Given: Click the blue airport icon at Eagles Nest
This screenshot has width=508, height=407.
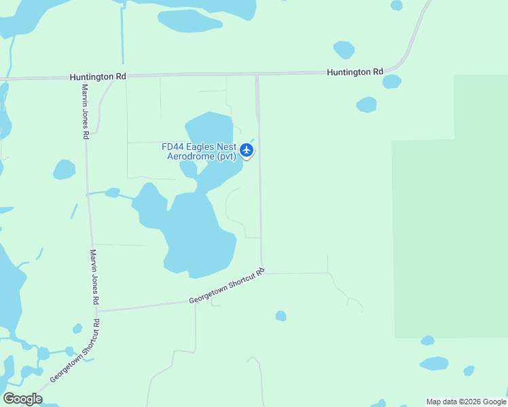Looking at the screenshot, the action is coord(247,149).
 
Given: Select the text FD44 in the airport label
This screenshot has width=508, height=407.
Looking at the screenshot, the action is coord(172,147).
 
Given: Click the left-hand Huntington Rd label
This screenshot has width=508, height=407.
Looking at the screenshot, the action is coord(98,77).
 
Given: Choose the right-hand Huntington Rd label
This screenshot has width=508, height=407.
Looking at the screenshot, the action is coord(355,72).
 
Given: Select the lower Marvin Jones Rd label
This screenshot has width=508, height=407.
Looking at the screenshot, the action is coord(96,276).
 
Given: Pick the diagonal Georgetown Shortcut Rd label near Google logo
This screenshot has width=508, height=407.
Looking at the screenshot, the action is coord(73,358).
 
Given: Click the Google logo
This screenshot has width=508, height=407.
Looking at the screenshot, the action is coord(22,399).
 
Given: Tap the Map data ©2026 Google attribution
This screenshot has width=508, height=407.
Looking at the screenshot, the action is coord(466,402).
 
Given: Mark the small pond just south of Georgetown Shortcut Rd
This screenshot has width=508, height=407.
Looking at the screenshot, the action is coord(280,316).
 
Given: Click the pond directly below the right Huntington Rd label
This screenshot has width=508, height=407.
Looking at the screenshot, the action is coord(391,82).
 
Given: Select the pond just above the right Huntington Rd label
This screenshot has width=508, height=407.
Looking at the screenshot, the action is coord(344,50).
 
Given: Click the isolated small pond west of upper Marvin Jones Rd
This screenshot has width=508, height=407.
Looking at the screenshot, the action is coord(64,170).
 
